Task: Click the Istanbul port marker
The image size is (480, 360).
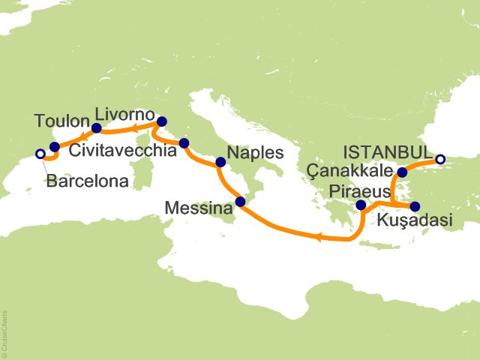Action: pos(440,159)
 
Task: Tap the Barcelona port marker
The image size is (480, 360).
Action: pos(40,154)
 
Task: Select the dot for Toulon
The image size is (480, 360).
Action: pos(54,147)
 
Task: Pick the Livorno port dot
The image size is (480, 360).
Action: pos(161,121)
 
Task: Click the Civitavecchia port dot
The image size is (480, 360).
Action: pos(184,143)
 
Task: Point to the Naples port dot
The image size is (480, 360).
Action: pos(220,162)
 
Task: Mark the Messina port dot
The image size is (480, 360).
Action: pos(240,201)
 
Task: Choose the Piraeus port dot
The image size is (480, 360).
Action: pos(361,205)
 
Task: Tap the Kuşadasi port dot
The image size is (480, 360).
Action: pos(415,207)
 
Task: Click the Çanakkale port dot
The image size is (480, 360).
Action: pos(402,172)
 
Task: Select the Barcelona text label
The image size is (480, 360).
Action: pos(87,181)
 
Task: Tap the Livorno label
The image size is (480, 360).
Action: pos(124,115)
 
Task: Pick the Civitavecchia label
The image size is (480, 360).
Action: pos(123,151)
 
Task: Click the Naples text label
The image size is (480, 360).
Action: pos(257,152)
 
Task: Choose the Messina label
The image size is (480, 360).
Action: pos(200,209)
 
